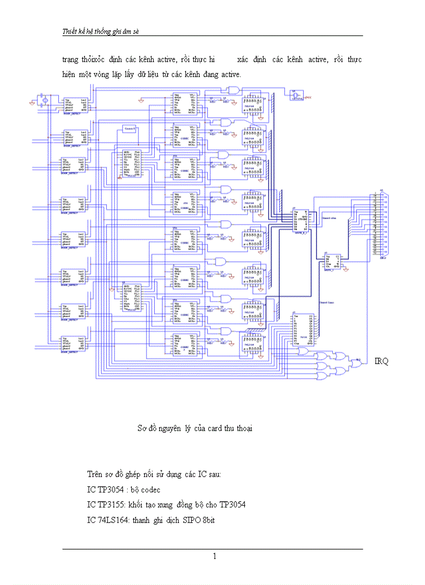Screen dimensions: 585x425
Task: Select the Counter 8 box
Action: pos(130,129)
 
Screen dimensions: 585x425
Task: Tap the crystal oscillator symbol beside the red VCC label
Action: pos(297,95)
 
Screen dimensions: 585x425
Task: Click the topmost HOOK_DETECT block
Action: pos(73,104)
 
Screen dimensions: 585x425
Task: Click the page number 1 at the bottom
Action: pos(214,556)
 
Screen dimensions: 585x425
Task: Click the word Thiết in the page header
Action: pos(70,32)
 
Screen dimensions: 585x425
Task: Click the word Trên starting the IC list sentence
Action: pos(94,475)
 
